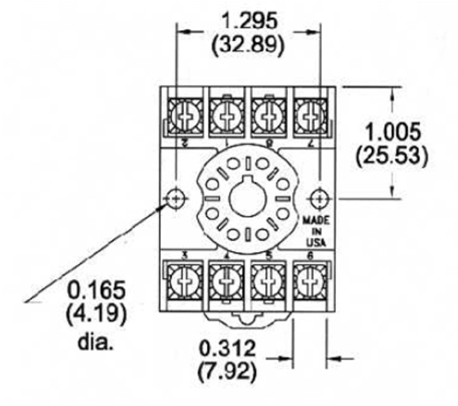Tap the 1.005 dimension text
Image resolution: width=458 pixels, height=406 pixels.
click(x=393, y=133)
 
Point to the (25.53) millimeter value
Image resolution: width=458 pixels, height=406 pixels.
click(x=393, y=155)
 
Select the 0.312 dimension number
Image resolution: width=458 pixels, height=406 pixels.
click(x=228, y=349)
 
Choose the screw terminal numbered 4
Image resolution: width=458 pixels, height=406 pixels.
click(x=225, y=280)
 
